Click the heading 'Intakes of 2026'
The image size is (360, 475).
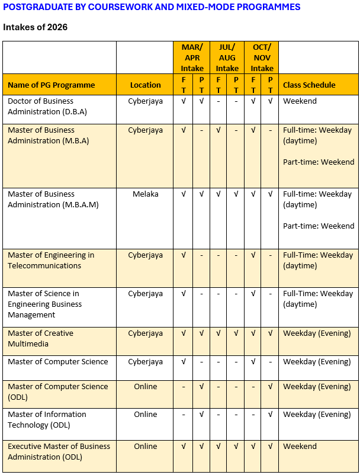point(35,27)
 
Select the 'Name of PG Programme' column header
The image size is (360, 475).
point(51,85)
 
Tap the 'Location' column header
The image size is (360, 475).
point(146,85)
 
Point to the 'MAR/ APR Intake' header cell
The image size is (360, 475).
point(192,57)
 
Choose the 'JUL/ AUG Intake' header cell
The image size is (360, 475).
point(227,57)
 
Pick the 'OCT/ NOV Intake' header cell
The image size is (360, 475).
point(262,57)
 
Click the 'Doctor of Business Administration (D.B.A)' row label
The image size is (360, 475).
point(45,106)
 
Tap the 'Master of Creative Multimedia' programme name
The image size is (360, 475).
point(40,338)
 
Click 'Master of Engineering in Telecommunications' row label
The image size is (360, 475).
point(51,260)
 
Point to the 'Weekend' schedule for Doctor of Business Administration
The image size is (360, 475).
point(300,101)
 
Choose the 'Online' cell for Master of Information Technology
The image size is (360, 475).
point(146,414)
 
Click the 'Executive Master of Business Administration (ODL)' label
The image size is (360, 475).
point(59,451)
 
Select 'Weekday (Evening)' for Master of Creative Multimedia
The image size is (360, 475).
point(317,333)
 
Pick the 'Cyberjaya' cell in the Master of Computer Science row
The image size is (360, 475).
point(146,361)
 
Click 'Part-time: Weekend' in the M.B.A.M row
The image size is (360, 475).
point(319,226)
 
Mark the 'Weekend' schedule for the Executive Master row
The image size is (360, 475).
point(300,446)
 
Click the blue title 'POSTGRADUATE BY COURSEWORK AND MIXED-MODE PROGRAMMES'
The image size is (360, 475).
point(152,7)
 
